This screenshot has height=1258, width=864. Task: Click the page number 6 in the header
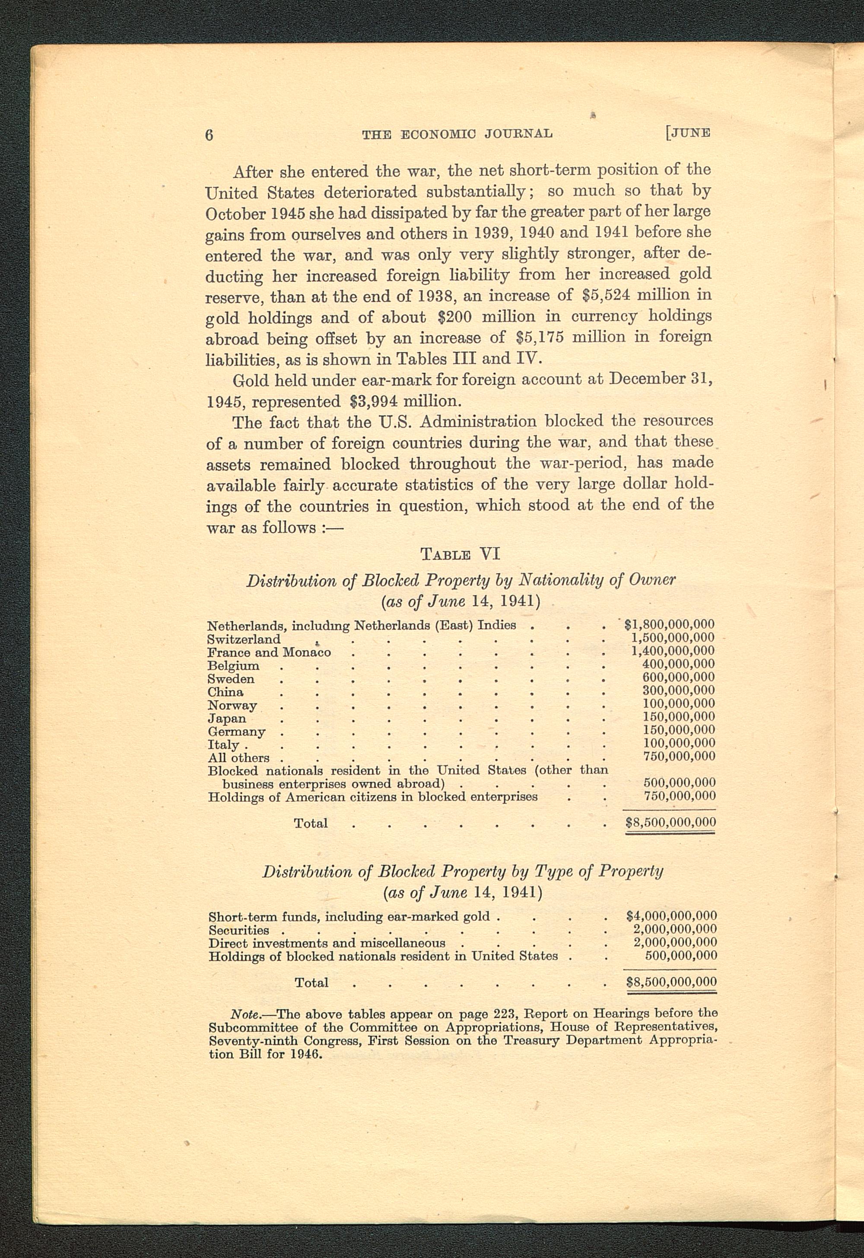tap(210, 134)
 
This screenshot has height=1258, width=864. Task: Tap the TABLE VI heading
tap(460, 554)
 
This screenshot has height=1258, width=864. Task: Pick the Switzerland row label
tap(244, 639)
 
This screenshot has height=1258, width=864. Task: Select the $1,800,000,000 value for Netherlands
tap(669, 624)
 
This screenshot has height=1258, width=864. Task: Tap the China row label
tap(225, 691)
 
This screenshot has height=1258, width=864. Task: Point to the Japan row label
tap(227, 719)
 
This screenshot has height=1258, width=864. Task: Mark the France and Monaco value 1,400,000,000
tap(673, 651)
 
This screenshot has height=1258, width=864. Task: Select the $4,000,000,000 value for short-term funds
tap(671, 916)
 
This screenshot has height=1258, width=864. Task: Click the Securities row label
tap(239, 930)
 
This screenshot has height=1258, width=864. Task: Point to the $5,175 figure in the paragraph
tap(537, 338)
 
